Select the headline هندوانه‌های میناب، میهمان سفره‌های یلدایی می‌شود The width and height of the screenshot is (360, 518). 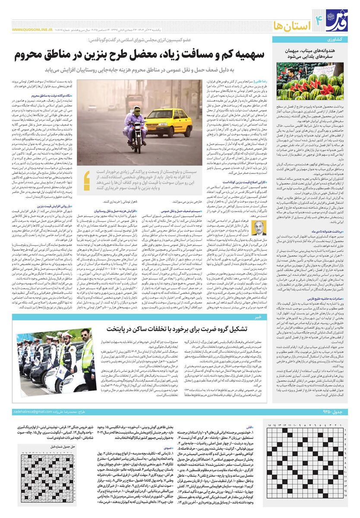(311, 53)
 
